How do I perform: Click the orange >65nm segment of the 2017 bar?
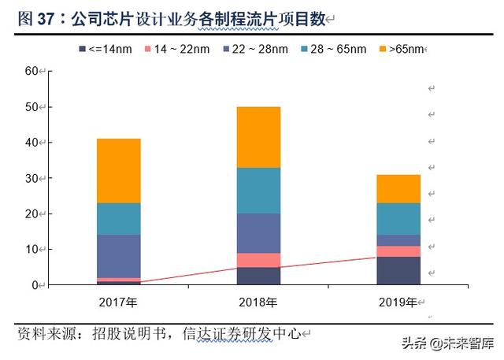click(118, 171)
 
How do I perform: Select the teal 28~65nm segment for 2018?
click(258, 191)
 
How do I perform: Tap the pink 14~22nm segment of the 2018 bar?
click(258, 260)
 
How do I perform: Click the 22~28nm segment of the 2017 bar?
click(118, 256)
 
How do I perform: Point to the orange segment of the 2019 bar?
click(398, 189)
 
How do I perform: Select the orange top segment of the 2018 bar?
click(258, 137)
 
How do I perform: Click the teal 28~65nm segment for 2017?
click(118, 219)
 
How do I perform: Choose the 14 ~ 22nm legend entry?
click(174, 50)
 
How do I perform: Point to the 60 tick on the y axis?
click(32, 71)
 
